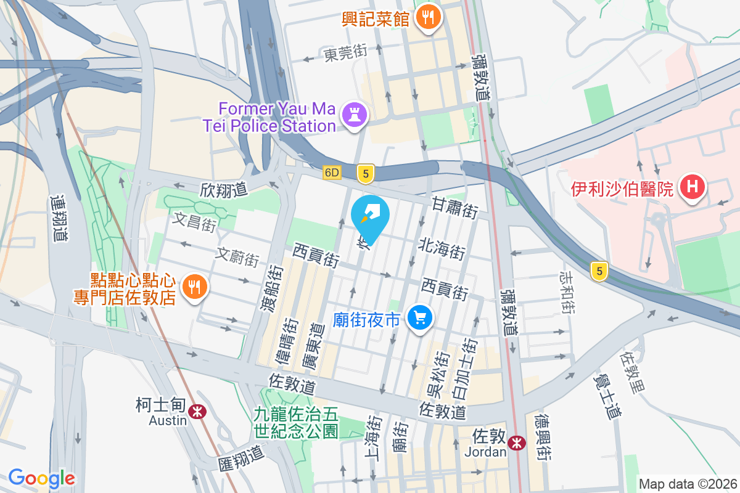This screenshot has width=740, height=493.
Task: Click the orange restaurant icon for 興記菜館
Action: pos(427,17)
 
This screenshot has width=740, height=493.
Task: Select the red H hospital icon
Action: pos(691,186)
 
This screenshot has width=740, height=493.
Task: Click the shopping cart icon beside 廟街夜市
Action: pos(421,319)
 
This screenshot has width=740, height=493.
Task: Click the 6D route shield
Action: pos(332,173)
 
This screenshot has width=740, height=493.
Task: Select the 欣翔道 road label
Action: pos(223,190)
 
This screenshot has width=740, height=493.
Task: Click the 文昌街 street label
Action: pos(195,221)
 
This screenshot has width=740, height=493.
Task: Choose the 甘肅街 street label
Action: pos(454,207)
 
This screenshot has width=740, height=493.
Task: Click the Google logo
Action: pos(42,478)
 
